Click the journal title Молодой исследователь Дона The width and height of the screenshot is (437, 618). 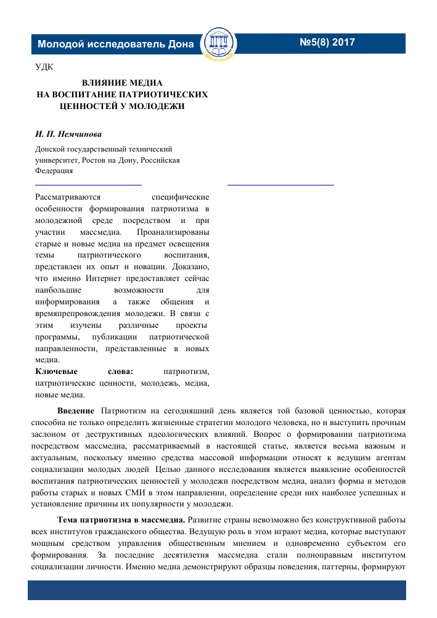(x=115, y=44)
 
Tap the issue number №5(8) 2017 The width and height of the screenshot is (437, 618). (x=327, y=43)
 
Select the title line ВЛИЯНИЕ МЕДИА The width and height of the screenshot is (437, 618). (x=122, y=83)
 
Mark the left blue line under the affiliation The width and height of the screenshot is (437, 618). (x=88, y=184)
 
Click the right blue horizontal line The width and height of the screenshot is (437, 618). (x=280, y=184)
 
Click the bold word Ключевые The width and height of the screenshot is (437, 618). (x=54, y=371)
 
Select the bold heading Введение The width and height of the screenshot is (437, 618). (x=76, y=410)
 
